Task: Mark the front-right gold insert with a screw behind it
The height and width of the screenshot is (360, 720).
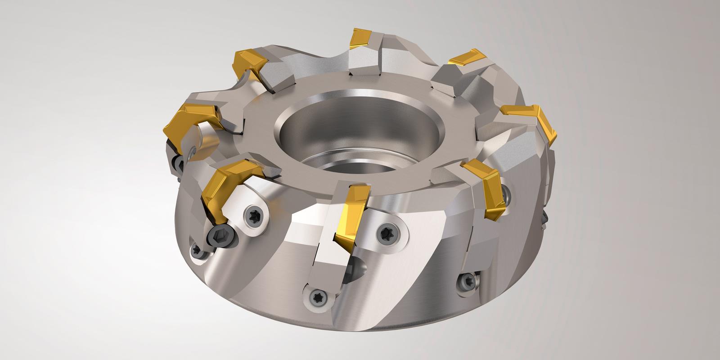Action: click(x=488, y=184)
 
